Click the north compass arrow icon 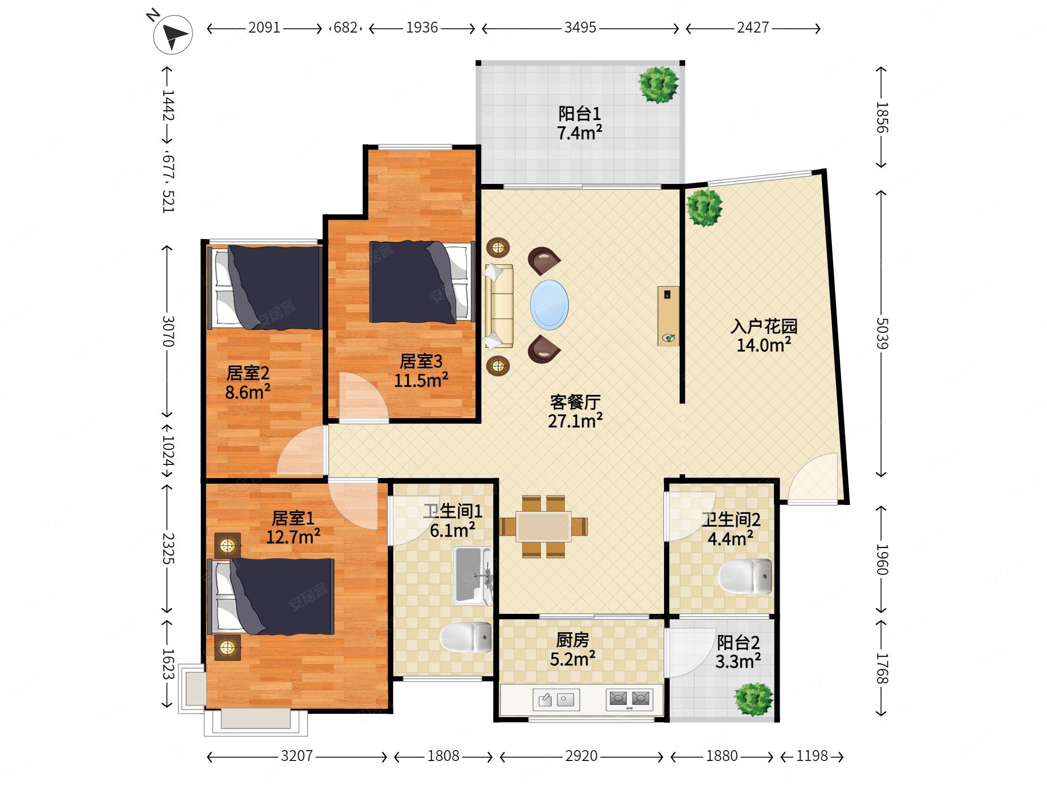[x=173, y=34]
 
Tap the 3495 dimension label [x=580, y=28]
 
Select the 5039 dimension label [x=882, y=334]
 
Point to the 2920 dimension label [x=581, y=756]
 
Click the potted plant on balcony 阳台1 [x=658, y=85]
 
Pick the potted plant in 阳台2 [x=753, y=699]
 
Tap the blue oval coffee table [x=549, y=305]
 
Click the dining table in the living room [x=543, y=526]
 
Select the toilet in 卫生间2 [x=745, y=576]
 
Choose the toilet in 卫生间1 [x=466, y=637]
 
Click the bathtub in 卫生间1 [x=473, y=575]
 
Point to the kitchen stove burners [x=629, y=699]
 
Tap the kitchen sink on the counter [x=556, y=699]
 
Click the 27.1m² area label [x=575, y=420]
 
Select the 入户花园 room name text [x=764, y=326]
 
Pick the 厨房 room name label [x=572, y=640]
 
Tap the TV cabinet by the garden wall [x=668, y=316]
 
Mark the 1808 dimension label [x=443, y=756]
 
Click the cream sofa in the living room [x=499, y=306]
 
